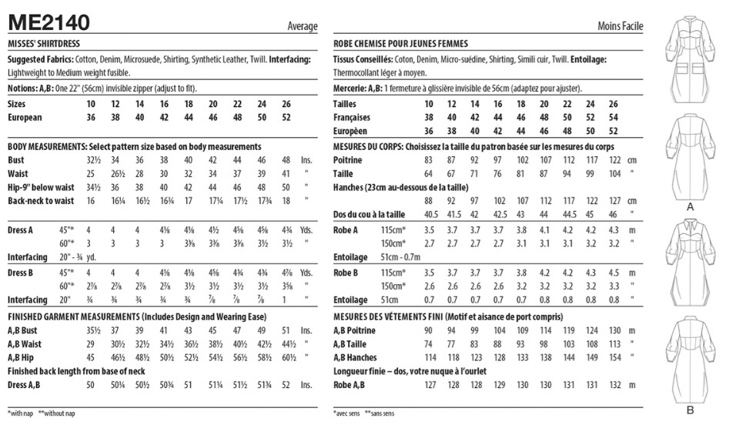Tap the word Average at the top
303,27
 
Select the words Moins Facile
621,27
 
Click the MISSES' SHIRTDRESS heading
44,44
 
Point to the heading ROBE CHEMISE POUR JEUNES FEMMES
401,44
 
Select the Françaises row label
352,118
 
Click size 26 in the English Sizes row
286,104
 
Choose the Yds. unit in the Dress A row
306,229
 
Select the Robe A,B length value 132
613,385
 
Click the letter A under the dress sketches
690,207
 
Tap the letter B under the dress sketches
690,410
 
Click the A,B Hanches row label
356,358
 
